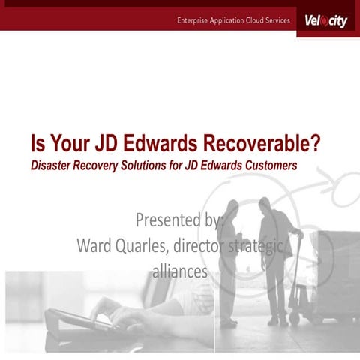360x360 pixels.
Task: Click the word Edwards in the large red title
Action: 150,142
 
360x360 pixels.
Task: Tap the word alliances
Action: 180,271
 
